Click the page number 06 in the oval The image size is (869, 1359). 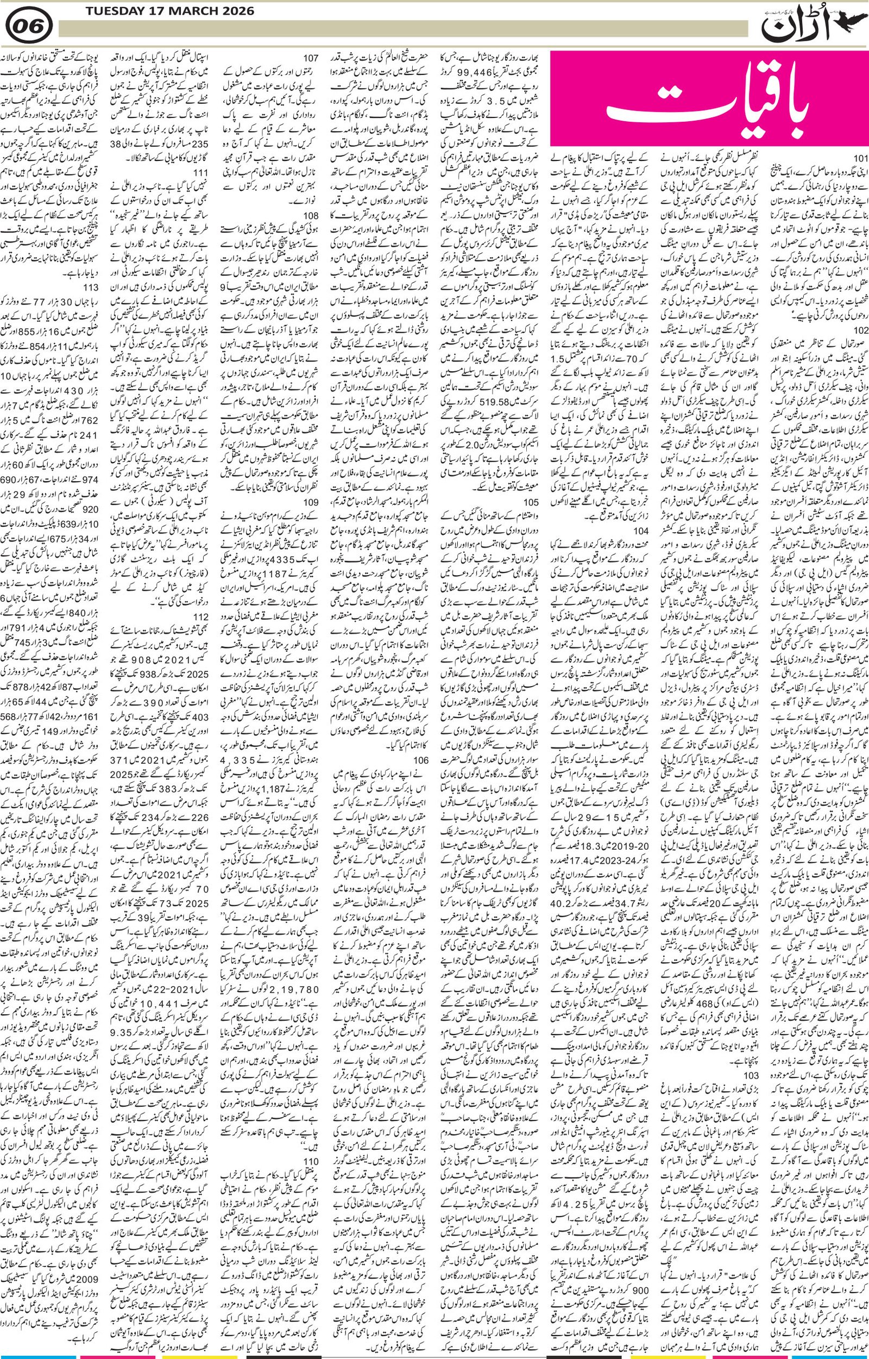[30, 26]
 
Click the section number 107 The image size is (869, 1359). [310, 58]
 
